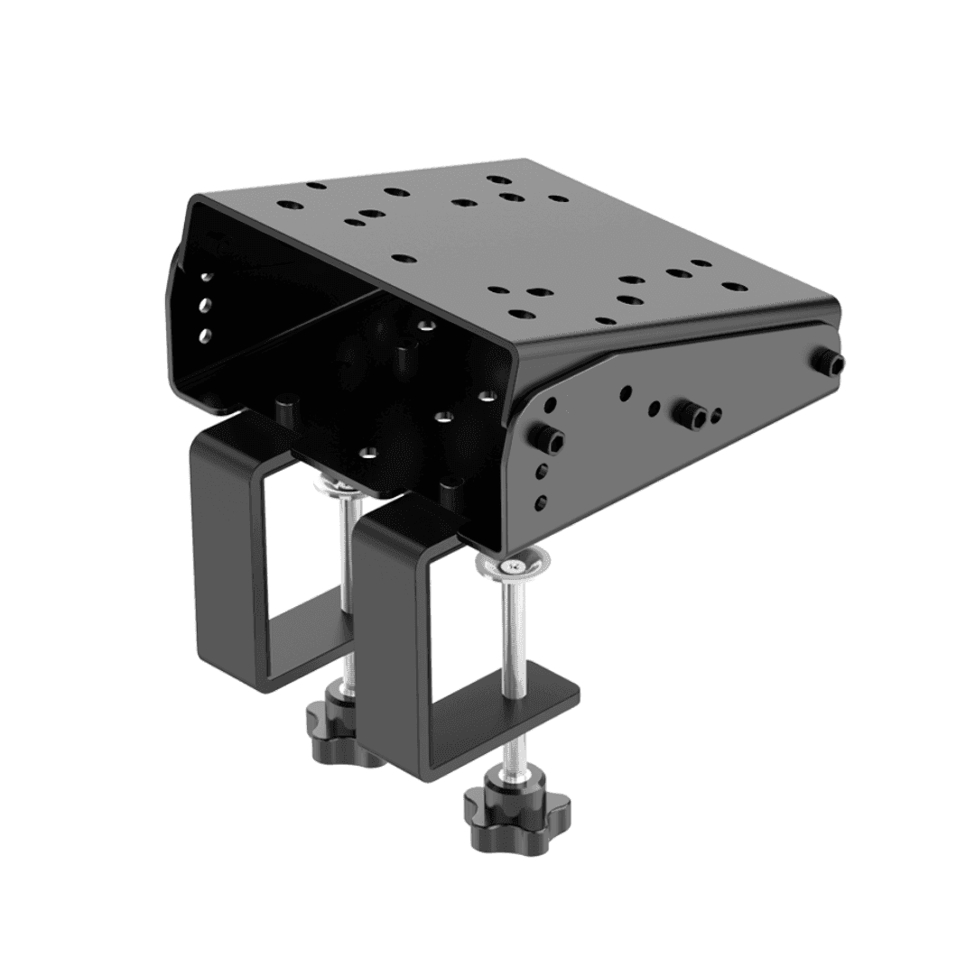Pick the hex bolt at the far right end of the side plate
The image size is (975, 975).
832,363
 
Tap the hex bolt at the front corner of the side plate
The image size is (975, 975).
551,439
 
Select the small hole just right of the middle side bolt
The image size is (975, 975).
716,416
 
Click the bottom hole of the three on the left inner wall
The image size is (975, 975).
204,336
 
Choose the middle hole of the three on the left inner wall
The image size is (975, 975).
205,306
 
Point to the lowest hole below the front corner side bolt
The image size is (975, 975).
541,502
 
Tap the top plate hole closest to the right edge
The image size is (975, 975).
735,287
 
